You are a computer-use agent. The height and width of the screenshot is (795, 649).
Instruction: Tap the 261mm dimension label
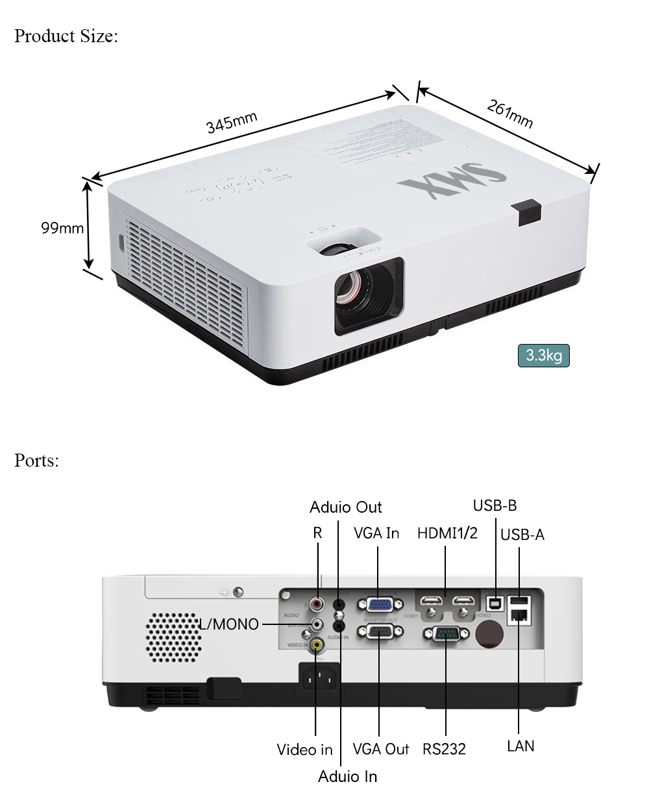(x=510, y=114)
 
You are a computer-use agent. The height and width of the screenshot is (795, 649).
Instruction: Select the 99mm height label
(x=62, y=228)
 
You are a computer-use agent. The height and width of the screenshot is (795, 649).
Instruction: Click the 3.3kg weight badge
(x=543, y=356)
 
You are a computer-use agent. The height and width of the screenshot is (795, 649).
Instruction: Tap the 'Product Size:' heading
(x=66, y=36)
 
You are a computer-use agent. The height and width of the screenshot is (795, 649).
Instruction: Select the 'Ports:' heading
(x=36, y=460)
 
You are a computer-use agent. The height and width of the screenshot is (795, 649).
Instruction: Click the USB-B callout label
(x=495, y=506)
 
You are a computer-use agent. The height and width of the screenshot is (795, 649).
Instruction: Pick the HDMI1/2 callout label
(x=447, y=533)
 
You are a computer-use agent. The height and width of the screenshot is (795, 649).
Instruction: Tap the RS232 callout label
(x=444, y=749)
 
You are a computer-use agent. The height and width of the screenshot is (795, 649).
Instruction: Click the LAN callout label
(x=520, y=746)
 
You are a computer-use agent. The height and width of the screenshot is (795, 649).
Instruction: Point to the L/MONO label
(x=228, y=624)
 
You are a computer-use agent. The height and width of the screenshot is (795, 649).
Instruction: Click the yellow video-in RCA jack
(x=316, y=644)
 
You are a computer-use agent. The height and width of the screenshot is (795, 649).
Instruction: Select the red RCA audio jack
(x=317, y=604)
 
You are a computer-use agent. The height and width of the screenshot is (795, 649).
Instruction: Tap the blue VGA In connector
(x=378, y=605)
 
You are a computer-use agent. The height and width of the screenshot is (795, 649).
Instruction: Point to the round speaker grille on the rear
(x=173, y=637)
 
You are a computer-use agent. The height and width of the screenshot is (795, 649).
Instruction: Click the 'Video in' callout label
(x=304, y=750)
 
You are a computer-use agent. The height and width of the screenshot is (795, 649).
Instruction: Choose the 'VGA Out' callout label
(x=381, y=749)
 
